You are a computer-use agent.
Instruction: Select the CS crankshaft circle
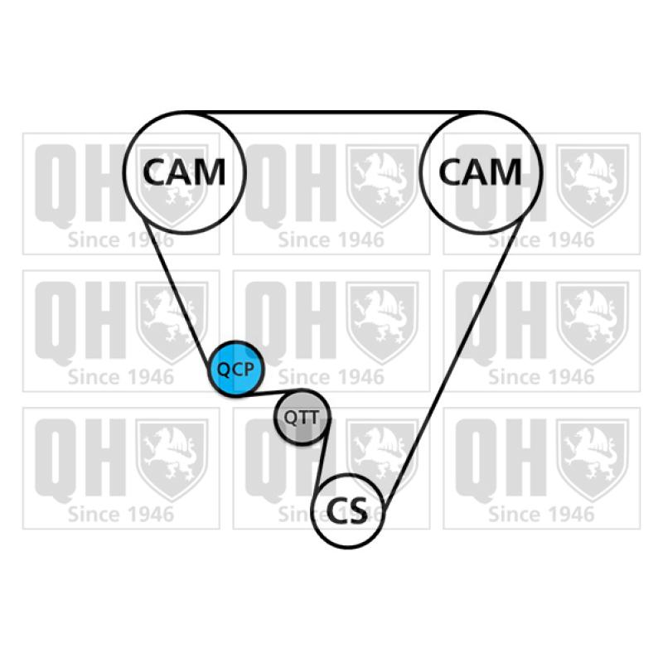pyautogui.click(x=349, y=510)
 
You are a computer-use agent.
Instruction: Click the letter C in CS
pyautogui.click(x=337, y=510)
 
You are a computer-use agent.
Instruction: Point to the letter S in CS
pyautogui.click(x=361, y=510)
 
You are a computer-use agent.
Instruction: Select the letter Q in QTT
pyautogui.click(x=289, y=418)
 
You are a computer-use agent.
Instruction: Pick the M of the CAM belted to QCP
pyautogui.click(x=211, y=172)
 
